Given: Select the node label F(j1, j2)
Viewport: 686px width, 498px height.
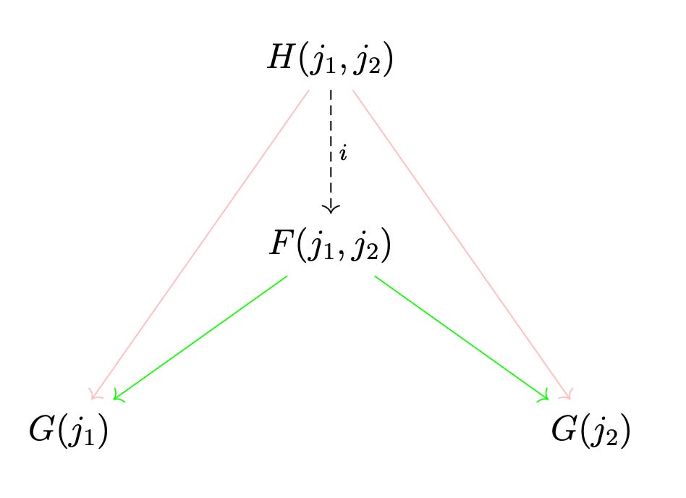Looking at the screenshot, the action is point(330,247).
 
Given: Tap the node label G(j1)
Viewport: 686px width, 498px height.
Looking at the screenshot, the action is point(68,432).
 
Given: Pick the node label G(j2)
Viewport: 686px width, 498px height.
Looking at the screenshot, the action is point(590,432).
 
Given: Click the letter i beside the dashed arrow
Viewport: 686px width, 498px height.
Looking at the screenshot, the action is point(343,155).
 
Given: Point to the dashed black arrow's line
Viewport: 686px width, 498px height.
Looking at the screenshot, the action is point(331,130).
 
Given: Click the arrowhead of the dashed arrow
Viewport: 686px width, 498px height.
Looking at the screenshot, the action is point(331,208).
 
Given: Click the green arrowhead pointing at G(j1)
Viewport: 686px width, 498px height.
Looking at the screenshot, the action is point(118,397).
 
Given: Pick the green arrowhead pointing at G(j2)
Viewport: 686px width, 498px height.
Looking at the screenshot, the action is point(544,396).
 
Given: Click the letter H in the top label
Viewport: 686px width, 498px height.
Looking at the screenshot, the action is point(279,60).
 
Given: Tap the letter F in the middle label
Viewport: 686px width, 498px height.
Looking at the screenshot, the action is point(280,245).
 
